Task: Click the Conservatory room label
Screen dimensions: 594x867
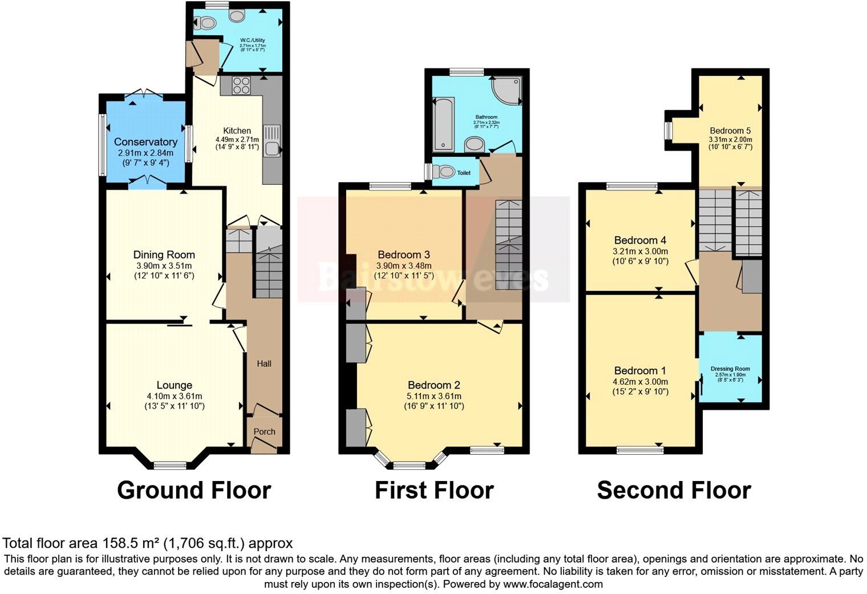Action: pyautogui.click(x=145, y=142)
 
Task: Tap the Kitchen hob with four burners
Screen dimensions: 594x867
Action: pyautogui.click(x=242, y=86)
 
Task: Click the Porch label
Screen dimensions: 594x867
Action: pyautogui.click(x=264, y=432)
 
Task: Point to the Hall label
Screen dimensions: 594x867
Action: pyautogui.click(x=264, y=363)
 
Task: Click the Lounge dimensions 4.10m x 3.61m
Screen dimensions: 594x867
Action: pyautogui.click(x=174, y=396)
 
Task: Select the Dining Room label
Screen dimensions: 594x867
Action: pyautogui.click(x=164, y=254)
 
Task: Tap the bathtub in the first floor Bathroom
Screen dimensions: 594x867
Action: pyautogui.click(x=443, y=123)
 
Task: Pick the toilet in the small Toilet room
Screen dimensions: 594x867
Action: pyautogui.click(x=444, y=171)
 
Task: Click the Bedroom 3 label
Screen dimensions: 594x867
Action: pyautogui.click(x=404, y=254)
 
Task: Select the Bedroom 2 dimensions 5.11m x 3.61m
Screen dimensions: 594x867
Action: pyautogui.click(x=433, y=396)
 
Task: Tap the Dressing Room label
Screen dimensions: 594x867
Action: pyautogui.click(x=730, y=369)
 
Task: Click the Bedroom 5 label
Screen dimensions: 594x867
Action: pyautogui.click(x=730, y=131)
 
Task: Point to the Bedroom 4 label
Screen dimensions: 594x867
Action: pyautogui.click(x=640, y=240)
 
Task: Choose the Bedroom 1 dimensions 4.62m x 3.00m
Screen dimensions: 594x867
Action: pyautogui.click(x=640, y=382)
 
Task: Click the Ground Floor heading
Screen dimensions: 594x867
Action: pyautogui.click(x=194, y=490)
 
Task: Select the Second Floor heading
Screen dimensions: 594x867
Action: pyautogui.click(x=674, y=490)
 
